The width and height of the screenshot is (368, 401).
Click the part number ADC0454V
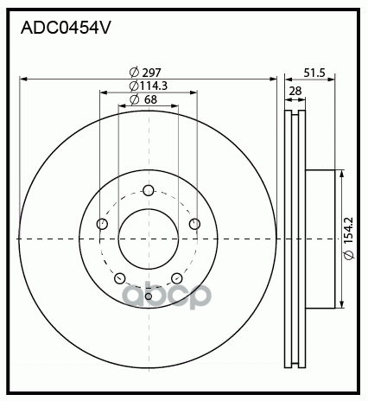click(x=64, y=27)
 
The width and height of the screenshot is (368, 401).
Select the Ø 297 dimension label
click(x=145, y=72)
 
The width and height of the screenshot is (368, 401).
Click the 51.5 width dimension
click(x=314, y=73)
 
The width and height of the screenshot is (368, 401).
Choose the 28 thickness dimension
click(x=295, y=92)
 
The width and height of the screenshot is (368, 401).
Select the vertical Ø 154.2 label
click(x=349, y=239)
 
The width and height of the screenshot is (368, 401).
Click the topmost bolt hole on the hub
click(x=148, y=191)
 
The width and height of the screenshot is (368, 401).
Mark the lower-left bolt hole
click(x=119, y=278)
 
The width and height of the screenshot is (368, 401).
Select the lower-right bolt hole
click(x=176, y=278)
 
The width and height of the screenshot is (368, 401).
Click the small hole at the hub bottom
click(x=148, y=296)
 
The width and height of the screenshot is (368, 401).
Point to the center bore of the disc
click(x=148, y=239)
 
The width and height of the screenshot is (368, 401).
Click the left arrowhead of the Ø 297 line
click(x=22, y=79)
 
